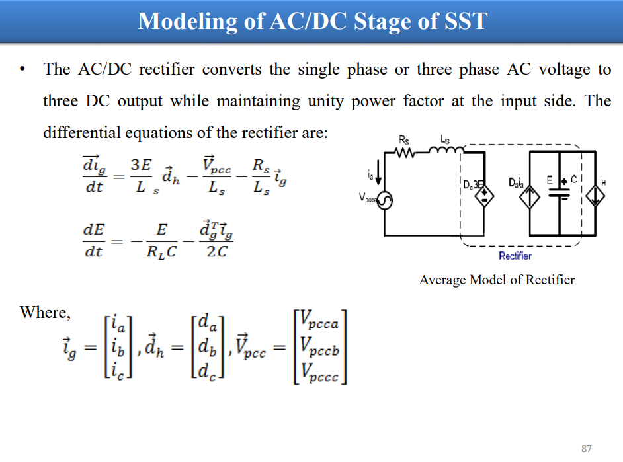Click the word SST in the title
[465, 21]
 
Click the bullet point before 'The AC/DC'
[22, 69]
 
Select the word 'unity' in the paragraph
[326, 102]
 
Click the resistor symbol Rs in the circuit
[405, 152]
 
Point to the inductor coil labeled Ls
[446, 150]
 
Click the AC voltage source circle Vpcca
[384, 200]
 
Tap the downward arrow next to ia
[378, 173]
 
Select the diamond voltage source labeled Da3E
[484, 196]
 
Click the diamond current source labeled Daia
[530, 197]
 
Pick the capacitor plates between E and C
[559, 193]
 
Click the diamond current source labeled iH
[595, 196]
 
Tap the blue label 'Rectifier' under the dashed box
[515, 256]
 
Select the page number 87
[587, 449]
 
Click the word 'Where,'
[45, 313]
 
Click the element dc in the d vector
[206, 371]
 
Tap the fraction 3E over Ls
[142, 176]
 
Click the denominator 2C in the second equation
[216, 252]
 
